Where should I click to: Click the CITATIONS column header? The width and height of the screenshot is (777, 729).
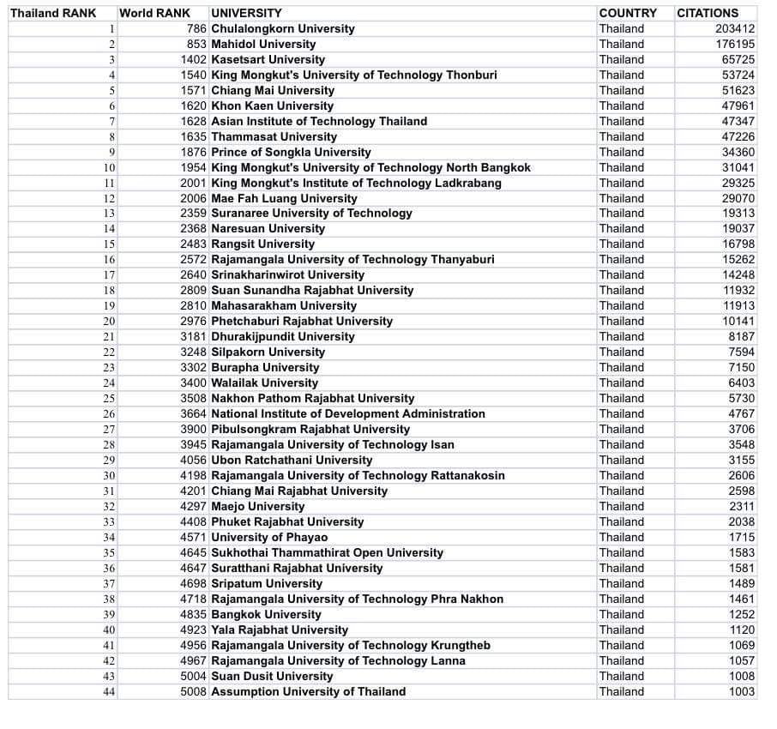(707, 13)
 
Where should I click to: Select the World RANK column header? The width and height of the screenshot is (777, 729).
(154, 13)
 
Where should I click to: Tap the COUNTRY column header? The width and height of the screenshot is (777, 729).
(628, 13)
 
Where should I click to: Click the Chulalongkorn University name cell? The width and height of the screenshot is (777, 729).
(282, 28)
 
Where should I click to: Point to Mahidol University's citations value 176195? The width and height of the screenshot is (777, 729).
(735, 44)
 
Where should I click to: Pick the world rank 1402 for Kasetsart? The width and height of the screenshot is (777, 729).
(194, 59)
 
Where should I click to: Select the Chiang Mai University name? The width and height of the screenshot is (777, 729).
(273, 90)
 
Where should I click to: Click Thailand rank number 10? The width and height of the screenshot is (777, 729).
(109, 167)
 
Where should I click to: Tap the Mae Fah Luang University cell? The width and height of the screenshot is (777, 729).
(284, 198)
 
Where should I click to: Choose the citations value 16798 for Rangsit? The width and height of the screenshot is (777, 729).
(738, 244)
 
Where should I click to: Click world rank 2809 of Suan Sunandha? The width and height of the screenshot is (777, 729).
(194, 290)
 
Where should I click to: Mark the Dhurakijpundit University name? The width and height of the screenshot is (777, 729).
(282, 336)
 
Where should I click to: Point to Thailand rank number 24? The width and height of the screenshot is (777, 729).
(109, 383)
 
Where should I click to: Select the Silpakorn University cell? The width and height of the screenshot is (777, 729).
(268, 352)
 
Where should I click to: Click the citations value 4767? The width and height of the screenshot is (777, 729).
(742, 413)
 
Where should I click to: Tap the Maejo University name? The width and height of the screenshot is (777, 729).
(257, 506)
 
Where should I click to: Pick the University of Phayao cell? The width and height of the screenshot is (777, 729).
(268, 537)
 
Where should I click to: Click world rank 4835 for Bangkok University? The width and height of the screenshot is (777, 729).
(194, 614)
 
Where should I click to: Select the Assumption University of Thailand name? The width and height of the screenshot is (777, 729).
(308, 691)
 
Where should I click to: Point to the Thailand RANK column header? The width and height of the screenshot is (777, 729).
(53, 13)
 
